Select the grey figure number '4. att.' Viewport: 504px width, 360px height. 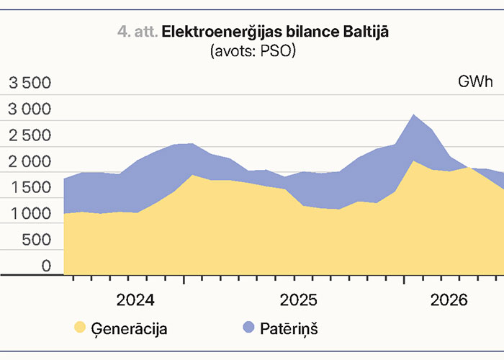[138, 32]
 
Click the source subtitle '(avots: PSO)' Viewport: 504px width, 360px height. [253, 51]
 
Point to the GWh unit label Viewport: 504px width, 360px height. [475, 81]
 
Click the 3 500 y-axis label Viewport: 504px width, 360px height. [30, 83]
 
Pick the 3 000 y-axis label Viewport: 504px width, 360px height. [30, 109]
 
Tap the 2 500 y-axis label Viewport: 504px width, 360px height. [30, 135]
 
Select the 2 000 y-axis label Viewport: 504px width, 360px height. [30, 162]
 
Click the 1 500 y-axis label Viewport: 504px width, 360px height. [31, 188]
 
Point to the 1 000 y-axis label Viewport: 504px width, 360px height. [31, 214]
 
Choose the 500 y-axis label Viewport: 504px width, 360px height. [37, 240]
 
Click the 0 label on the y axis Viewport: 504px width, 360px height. [46, 266]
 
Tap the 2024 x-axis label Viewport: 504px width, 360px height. [135, 300]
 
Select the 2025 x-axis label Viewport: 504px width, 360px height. [298, 300]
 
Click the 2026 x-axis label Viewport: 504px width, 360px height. [449, 300]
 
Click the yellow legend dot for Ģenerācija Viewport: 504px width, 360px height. [80, 327]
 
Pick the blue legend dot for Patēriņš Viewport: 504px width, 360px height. [249, 327]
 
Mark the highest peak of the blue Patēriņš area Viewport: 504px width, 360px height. [414, 114]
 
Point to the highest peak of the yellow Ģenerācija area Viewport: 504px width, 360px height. [414, 161]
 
